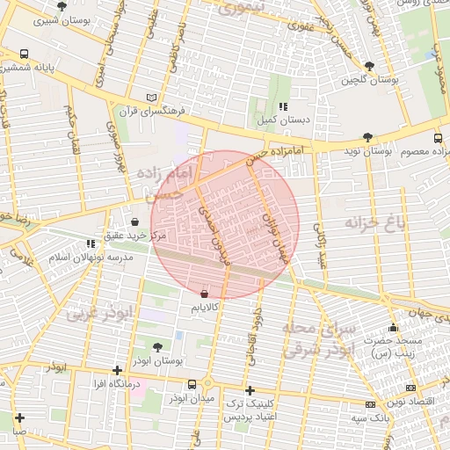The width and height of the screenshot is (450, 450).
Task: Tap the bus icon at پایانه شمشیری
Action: pyautogui.click(x=24, y=54)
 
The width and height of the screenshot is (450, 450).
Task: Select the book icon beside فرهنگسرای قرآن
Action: pyautogui.click(x=152, y=98)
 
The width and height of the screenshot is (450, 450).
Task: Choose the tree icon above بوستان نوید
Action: pyautogui.click(x=367, y=137)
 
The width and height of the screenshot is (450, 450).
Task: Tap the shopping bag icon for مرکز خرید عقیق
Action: pyautogui.click(x=134, y=221)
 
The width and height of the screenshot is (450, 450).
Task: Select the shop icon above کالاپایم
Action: pyautogui.click(x=205, y=294)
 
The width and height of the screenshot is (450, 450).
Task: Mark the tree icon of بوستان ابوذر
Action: pyautogui.click(x=157, y=347)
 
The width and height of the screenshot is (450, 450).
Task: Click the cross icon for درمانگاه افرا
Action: pyautogui.click(x=118, y=370)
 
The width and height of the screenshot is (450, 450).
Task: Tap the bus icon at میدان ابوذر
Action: pyautogui.click(x=192, y=384)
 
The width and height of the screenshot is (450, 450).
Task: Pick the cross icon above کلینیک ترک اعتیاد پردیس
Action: pyautogui.click(x=250, y=389)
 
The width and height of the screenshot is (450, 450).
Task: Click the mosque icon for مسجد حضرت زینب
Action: pyautogui.click(x=393, y=328)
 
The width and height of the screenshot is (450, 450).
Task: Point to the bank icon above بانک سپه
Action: pyautogui.click(x=370, y=403)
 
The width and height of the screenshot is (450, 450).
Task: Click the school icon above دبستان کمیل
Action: pyautogui.click(x=283, y=106)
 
